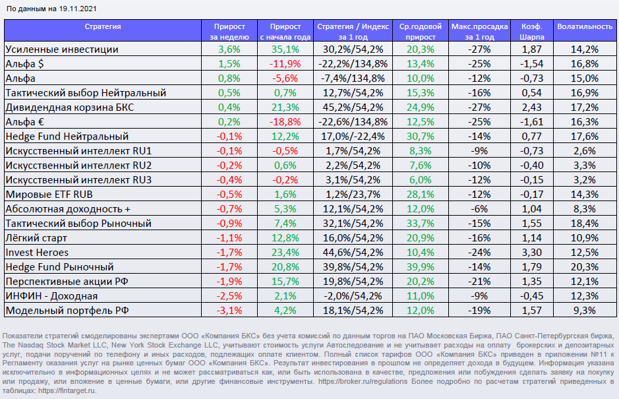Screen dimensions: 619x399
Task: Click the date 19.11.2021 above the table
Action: point(78,9)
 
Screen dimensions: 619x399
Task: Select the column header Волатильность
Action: point(585,26)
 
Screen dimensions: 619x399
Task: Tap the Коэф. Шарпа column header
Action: point(532,32)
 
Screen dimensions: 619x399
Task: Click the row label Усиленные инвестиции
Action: point(62,49)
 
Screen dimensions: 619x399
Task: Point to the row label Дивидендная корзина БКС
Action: point(70,107)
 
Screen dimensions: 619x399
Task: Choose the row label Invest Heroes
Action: point(37,253)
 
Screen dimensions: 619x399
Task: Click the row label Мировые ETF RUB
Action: point(49,195)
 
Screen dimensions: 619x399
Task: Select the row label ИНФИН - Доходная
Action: point(52,296)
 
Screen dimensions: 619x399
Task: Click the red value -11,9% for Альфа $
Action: point(285,63)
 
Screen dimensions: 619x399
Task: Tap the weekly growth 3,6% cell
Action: point(229,49)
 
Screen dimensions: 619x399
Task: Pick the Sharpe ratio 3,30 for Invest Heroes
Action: point(532,253)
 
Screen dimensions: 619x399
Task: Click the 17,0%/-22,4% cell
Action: point(353,137)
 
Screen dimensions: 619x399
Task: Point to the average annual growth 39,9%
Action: point(421,267)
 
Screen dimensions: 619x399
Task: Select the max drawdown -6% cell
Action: point(479,209)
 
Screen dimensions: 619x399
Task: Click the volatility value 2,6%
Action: point(585,151)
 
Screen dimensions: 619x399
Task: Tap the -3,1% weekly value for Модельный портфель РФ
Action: point(229,311)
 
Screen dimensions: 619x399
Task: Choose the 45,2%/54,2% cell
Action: point(353,107)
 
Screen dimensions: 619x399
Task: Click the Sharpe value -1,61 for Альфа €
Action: point(532,121)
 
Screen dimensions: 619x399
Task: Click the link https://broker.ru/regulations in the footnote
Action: point(363,381)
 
